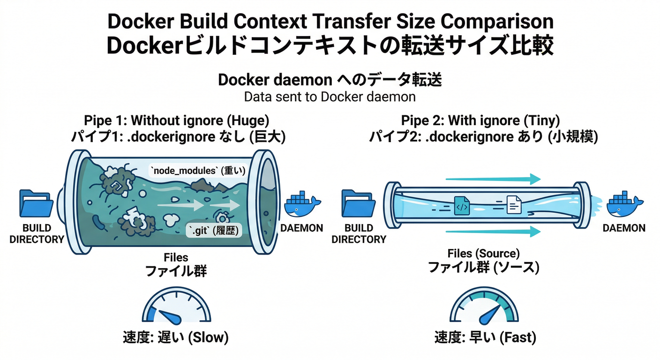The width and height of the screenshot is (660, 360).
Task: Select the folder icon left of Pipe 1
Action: coord(37,203)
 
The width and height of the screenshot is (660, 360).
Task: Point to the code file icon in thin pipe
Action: coord(462,206)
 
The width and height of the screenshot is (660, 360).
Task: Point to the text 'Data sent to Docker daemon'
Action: coord(330,97)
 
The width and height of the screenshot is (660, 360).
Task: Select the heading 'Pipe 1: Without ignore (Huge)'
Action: coord(176,120)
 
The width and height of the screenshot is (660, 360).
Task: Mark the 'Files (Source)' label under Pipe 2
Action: coord(483,254)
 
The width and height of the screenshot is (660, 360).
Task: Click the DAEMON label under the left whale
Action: coord(302,228)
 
